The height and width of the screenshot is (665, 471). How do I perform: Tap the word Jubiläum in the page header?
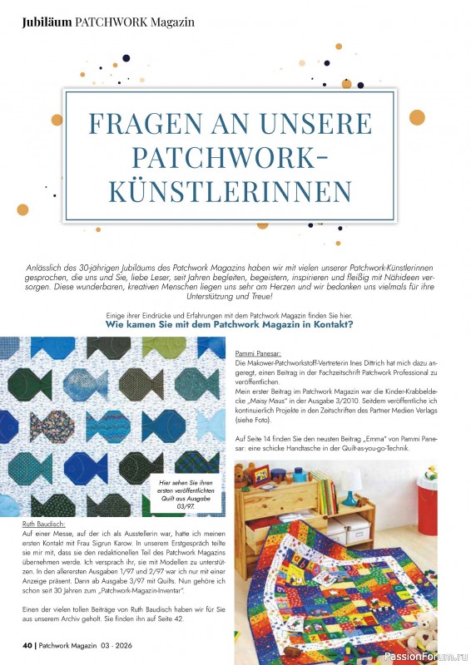[47, 22]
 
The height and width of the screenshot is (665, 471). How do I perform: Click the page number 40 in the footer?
[27, 644]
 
